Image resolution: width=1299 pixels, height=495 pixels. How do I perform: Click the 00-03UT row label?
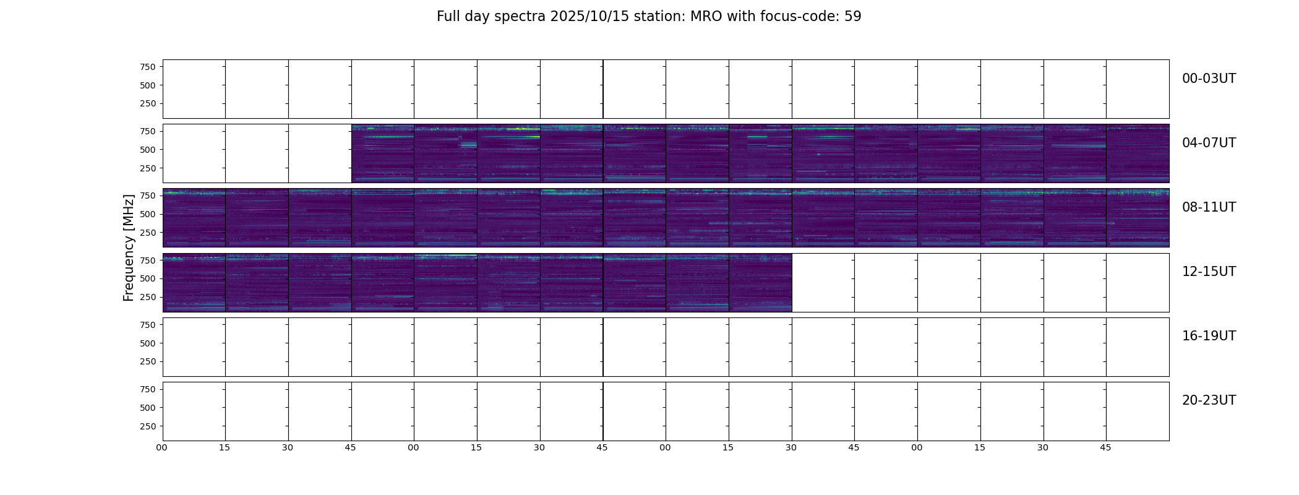tap(1209, 79)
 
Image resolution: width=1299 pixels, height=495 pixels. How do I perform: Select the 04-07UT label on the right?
tap(1209, 143)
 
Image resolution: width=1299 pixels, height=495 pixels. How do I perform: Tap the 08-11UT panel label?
tap(1209, 207)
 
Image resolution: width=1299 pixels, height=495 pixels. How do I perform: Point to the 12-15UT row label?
tap(1209, 272)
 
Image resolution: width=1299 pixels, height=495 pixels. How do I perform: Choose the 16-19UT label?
tap(1209, 336)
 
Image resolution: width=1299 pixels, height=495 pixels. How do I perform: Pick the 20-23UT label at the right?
tap(1209, 400)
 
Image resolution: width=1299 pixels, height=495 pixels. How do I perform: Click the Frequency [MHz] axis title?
tap(129, 247)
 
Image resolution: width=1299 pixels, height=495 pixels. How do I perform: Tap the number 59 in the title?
tap(853, 17)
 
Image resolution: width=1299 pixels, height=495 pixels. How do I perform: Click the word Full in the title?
tap(448, 17)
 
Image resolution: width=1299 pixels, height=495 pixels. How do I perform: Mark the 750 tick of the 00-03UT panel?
tap(148, 67)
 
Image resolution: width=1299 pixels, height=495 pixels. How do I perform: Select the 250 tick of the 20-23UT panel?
tap(148, 426)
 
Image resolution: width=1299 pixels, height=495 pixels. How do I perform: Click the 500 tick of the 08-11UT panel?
tap(148, 214)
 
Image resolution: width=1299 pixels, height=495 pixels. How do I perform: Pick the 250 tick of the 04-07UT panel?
tap(148, 168)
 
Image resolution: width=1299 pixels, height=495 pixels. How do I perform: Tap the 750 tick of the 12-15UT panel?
tap(148, 260)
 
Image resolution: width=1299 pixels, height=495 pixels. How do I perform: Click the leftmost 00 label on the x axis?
tap(162, 447)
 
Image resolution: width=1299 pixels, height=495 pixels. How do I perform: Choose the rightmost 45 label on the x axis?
tap(1105, 447)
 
